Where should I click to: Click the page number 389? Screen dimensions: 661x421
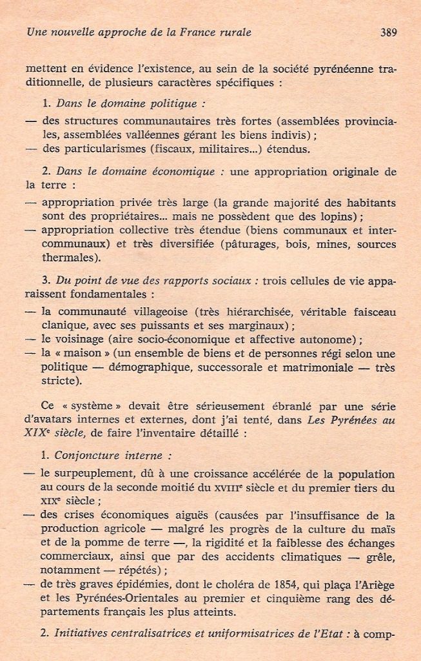pos(388,32)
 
